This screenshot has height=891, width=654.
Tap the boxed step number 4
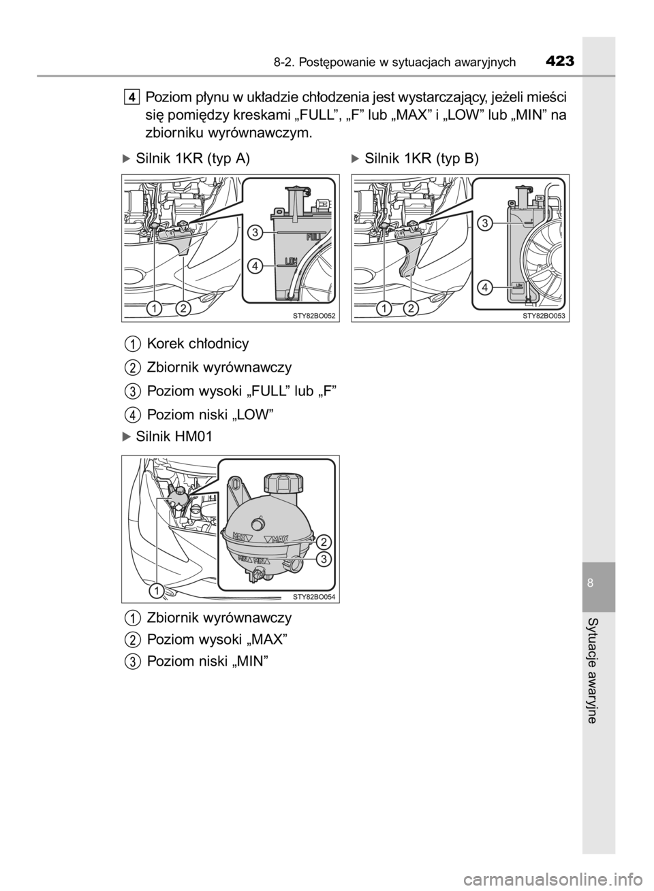[131, 96]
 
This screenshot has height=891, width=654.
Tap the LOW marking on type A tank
[291, 261]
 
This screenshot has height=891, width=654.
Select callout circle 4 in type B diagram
[484, 287]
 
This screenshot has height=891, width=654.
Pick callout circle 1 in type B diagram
[384, 308]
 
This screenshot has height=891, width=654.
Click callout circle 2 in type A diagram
[183, 308]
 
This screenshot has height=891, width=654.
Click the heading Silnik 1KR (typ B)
[415, 159]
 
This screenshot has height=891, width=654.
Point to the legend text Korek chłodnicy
[198, 344]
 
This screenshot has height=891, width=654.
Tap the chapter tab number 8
[591, 583]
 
